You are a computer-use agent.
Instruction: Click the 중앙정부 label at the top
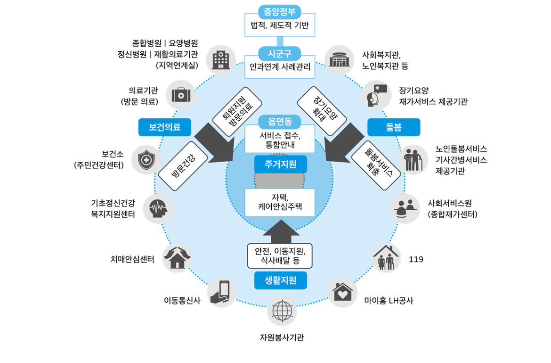(x=280, y=11)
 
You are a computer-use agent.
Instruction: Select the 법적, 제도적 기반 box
(x=280, y=26)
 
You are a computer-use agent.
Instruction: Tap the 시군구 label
(x=280, y=53)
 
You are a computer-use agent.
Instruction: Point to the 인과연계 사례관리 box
(x=280, y=67)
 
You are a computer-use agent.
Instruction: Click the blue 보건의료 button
(x=164, y=127)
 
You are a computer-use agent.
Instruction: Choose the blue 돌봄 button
(x=394, y=127)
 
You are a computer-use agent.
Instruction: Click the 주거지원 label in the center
(x=280, y=165)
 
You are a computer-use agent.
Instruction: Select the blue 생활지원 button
(x=280, y=280)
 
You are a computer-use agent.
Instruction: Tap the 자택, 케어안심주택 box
(x=280, y=202)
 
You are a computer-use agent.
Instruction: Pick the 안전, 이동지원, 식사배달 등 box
(x=280, y=256)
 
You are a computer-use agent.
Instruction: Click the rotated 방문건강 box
(x=183, y=165)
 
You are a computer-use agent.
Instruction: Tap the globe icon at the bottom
(x=282, y=311)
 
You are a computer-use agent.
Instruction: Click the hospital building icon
(x=221, y=60)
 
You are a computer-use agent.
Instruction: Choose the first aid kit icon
(x=180, y=95)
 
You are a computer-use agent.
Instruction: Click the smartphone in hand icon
(x=222, y=292)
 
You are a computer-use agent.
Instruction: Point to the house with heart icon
(x=343, y=293)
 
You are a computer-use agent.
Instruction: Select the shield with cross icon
(x=146, y=160)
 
